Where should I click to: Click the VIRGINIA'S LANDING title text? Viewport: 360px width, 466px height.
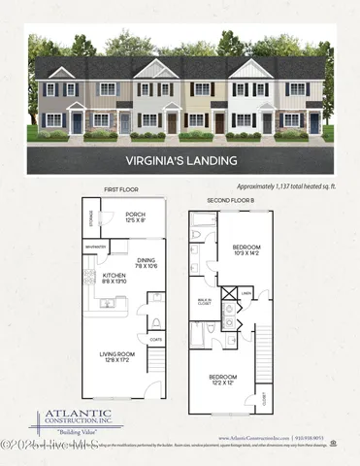180,158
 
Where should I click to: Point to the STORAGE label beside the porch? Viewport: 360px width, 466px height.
88,219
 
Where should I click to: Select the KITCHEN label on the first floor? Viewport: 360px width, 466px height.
115,279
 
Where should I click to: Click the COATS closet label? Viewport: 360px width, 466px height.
155,339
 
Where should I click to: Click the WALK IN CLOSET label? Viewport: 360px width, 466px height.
205,302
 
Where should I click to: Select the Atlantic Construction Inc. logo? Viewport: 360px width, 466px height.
76,419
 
